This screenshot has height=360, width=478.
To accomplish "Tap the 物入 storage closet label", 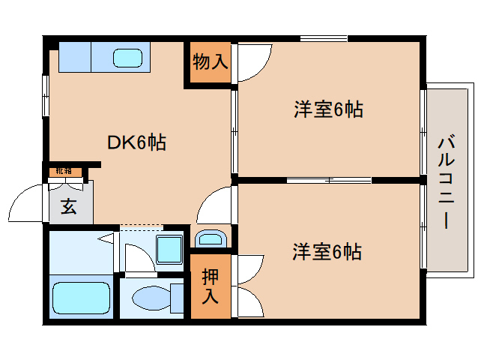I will (210, 61).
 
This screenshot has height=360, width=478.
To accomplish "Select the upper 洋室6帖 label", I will (327, 110).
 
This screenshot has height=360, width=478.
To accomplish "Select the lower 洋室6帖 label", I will (327, 252).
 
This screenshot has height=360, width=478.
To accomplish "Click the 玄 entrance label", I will (68, 207).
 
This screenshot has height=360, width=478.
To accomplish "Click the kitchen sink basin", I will (127, 57).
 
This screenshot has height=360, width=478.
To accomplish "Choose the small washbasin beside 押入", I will (210, 239).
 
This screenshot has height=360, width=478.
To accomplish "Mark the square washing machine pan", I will (169, 248).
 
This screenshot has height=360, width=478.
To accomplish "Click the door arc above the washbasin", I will (216, 204).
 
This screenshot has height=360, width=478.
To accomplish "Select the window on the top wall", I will (323, 38).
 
